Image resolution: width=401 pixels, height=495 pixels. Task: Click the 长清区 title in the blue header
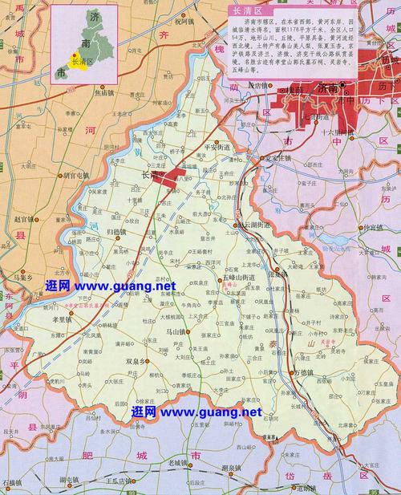[x=245, y=10]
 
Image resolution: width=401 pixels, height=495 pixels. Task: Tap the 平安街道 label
[x=217, y=148]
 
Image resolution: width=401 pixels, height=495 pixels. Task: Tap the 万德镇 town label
[x=306, y=351]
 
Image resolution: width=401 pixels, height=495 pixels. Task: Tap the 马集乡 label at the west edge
[x=22, y=277]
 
